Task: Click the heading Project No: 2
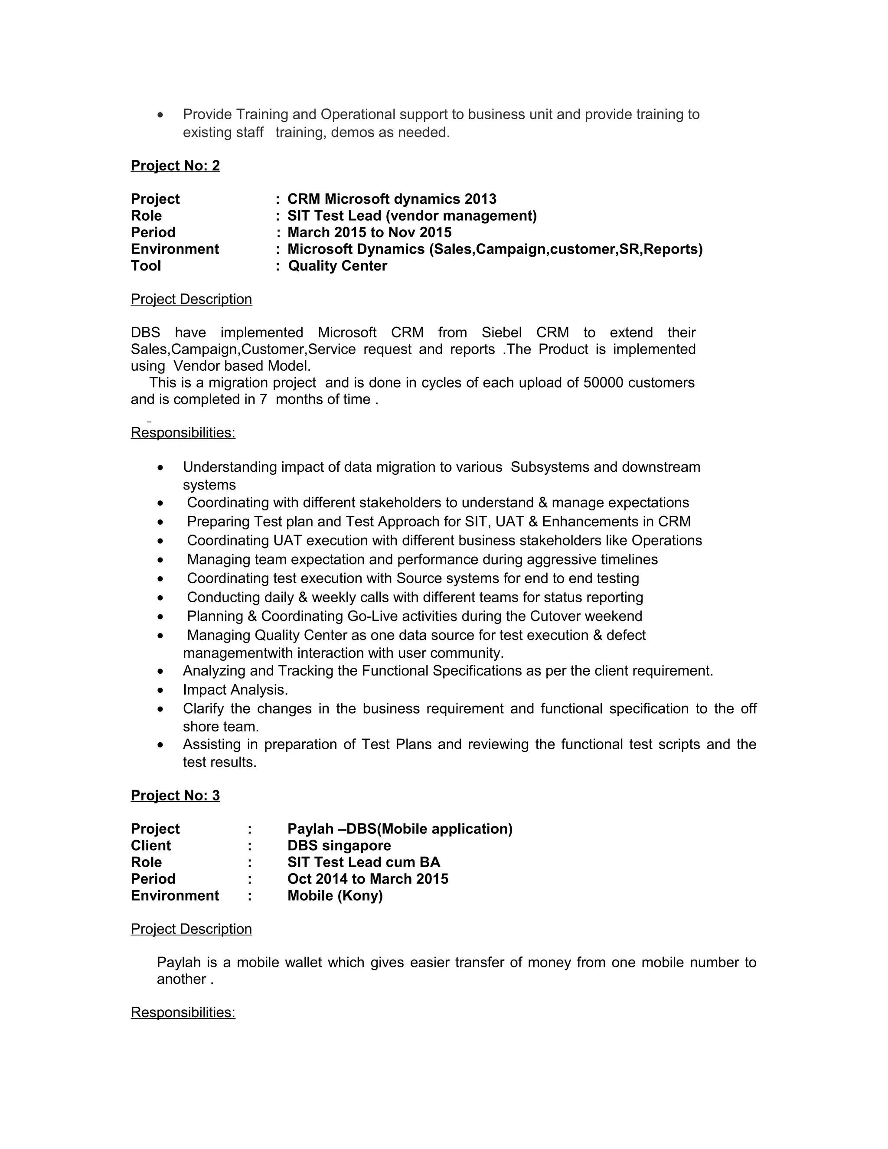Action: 175,166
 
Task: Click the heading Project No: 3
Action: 175,796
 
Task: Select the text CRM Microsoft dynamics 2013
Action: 392,199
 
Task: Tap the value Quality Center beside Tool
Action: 337,266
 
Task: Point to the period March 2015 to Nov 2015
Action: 369,232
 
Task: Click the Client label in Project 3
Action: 150,845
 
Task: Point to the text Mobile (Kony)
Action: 335,895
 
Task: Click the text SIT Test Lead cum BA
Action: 363,862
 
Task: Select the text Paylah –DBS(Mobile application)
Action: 399,829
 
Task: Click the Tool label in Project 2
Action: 146,266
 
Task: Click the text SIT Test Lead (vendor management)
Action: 411,215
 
